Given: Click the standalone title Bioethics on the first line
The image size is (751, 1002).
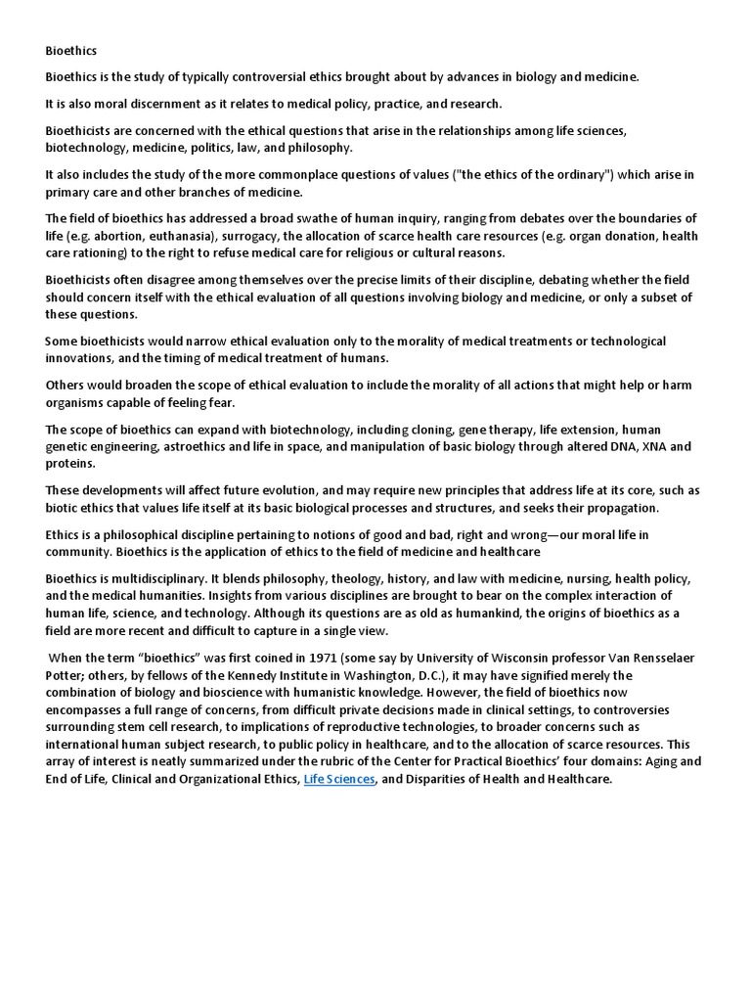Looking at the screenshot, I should pyautogui.click(x=71, y=49).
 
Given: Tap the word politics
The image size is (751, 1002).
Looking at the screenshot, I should pyautogui.click(x=240, y=147).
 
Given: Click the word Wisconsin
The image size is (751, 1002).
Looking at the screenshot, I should pyautogui.click(x=502, y=659).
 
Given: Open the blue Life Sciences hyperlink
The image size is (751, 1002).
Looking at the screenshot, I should pyautogui.click(x=338, y=780).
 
